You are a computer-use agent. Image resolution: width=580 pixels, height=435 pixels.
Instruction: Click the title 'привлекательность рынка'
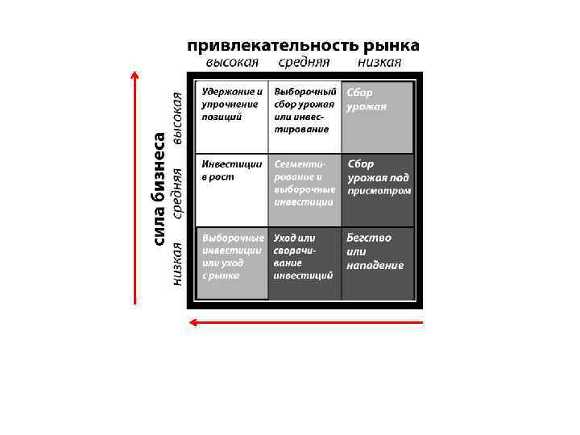coord(304,46)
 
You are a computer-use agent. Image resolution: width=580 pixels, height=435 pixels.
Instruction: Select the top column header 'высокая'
coord(231,63)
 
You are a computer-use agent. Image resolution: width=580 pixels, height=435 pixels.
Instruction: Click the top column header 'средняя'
coord(304,63)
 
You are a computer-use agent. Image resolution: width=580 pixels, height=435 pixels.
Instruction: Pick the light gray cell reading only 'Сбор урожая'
coord(378,116)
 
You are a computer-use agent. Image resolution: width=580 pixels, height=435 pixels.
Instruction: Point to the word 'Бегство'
coord(369,238)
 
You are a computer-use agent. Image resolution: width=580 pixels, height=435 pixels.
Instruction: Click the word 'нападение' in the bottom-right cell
coord(375,266)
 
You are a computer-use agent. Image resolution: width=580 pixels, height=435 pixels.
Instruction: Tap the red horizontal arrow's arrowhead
coord(192,322)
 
